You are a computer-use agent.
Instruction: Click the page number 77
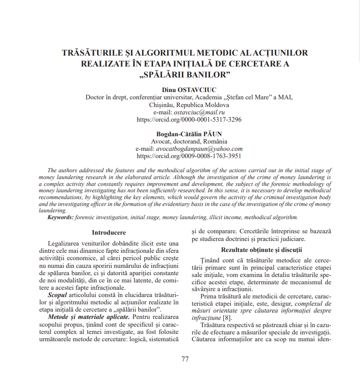click(x=185, y=359)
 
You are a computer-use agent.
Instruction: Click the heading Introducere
click(x=109, y=232)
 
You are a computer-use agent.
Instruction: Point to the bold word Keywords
click(x=61, y=218)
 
